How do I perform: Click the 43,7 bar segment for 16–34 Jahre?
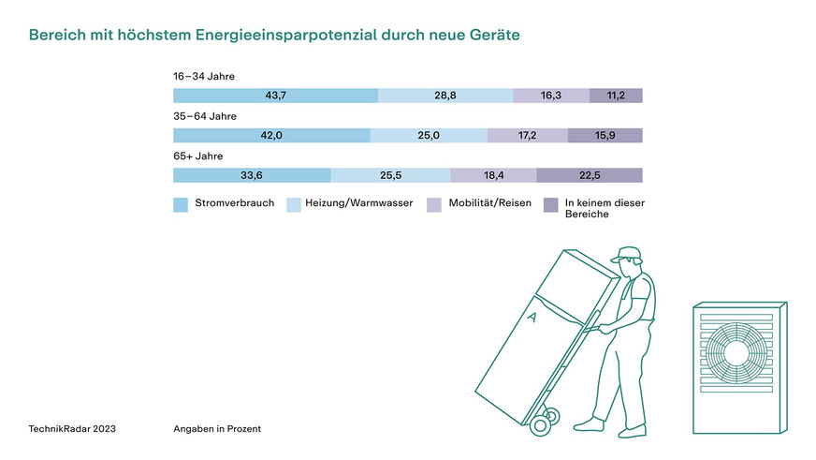(276, 96)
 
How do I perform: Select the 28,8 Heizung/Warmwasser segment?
(445, 96)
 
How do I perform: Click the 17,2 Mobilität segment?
(528, 136)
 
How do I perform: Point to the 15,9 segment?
(605, 136)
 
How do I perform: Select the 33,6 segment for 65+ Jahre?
(253, 175)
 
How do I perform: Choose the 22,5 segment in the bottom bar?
(590, 175)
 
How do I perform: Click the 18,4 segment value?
(493, 175)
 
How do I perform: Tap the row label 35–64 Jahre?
(205, 116)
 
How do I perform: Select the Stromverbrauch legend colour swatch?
(181, 204)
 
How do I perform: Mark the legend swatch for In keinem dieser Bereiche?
(550, 204)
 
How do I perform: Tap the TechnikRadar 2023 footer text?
(73, 428)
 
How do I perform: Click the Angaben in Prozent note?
(217, 428)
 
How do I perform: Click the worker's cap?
(627, 254)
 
